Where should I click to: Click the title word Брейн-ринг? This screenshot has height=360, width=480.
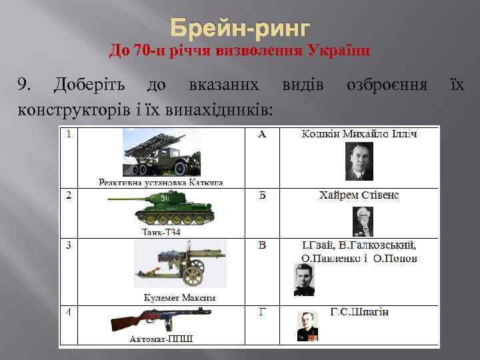coord(240,29)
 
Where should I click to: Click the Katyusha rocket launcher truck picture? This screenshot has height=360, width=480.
coord(162,153)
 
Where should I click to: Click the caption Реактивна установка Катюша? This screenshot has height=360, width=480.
coord(161,182)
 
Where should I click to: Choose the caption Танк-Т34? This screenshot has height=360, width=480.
coord(161,232)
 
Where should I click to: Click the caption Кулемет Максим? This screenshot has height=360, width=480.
coord(180,297)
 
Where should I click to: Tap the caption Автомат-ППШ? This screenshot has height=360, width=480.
coord(161,339)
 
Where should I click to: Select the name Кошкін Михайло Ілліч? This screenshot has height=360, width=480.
coord(359,135)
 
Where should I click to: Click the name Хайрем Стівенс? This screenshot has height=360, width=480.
coord(359,195)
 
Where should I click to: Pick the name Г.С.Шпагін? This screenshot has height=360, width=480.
coord(359,312)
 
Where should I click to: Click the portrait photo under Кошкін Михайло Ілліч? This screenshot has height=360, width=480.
coord(359,161)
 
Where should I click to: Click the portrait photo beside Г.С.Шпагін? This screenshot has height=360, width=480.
coord(307,327)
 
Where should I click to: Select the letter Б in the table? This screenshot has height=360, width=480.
coord(262,195)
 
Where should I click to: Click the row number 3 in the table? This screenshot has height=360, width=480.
coord(69,245)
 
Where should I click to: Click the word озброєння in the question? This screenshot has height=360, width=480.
coord(387,84)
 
